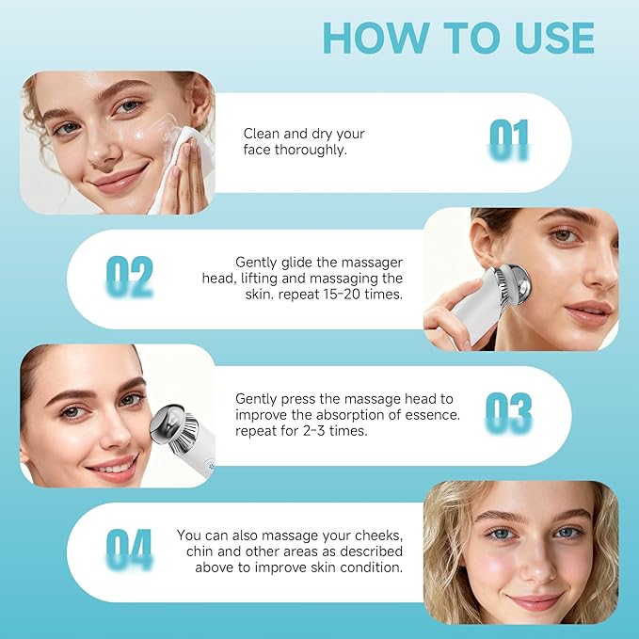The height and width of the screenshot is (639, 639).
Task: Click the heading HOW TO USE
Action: coord(458,37)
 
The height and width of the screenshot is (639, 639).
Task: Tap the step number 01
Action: coord(509,139)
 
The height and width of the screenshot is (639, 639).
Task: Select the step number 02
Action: coord(129,277)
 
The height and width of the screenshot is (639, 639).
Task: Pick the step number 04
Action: coord(129,550)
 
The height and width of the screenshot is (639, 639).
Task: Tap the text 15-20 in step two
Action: coord(350,295)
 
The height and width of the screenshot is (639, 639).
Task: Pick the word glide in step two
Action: coord(294,263)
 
